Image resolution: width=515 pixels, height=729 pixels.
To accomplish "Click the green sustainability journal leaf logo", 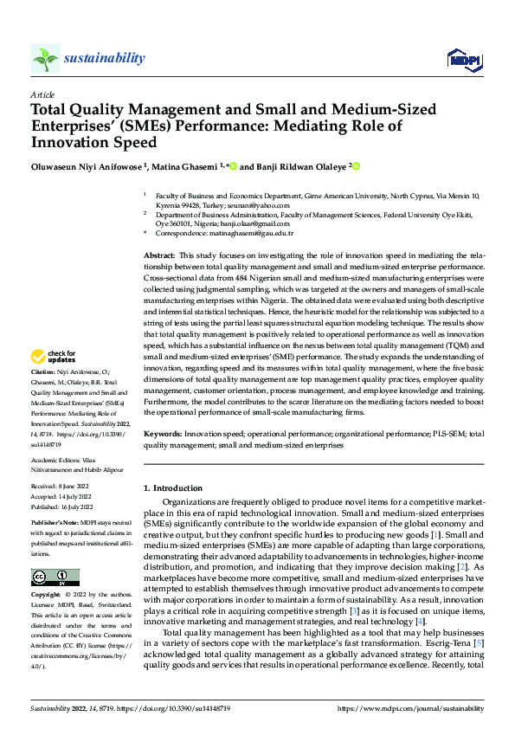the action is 45,58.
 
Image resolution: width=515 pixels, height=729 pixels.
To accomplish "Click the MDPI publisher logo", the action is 460,59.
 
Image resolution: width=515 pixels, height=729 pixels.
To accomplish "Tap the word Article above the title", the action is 42,95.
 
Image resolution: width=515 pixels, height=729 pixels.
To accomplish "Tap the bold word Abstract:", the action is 158,257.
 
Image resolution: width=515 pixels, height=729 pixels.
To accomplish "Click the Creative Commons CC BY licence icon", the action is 55,577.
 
